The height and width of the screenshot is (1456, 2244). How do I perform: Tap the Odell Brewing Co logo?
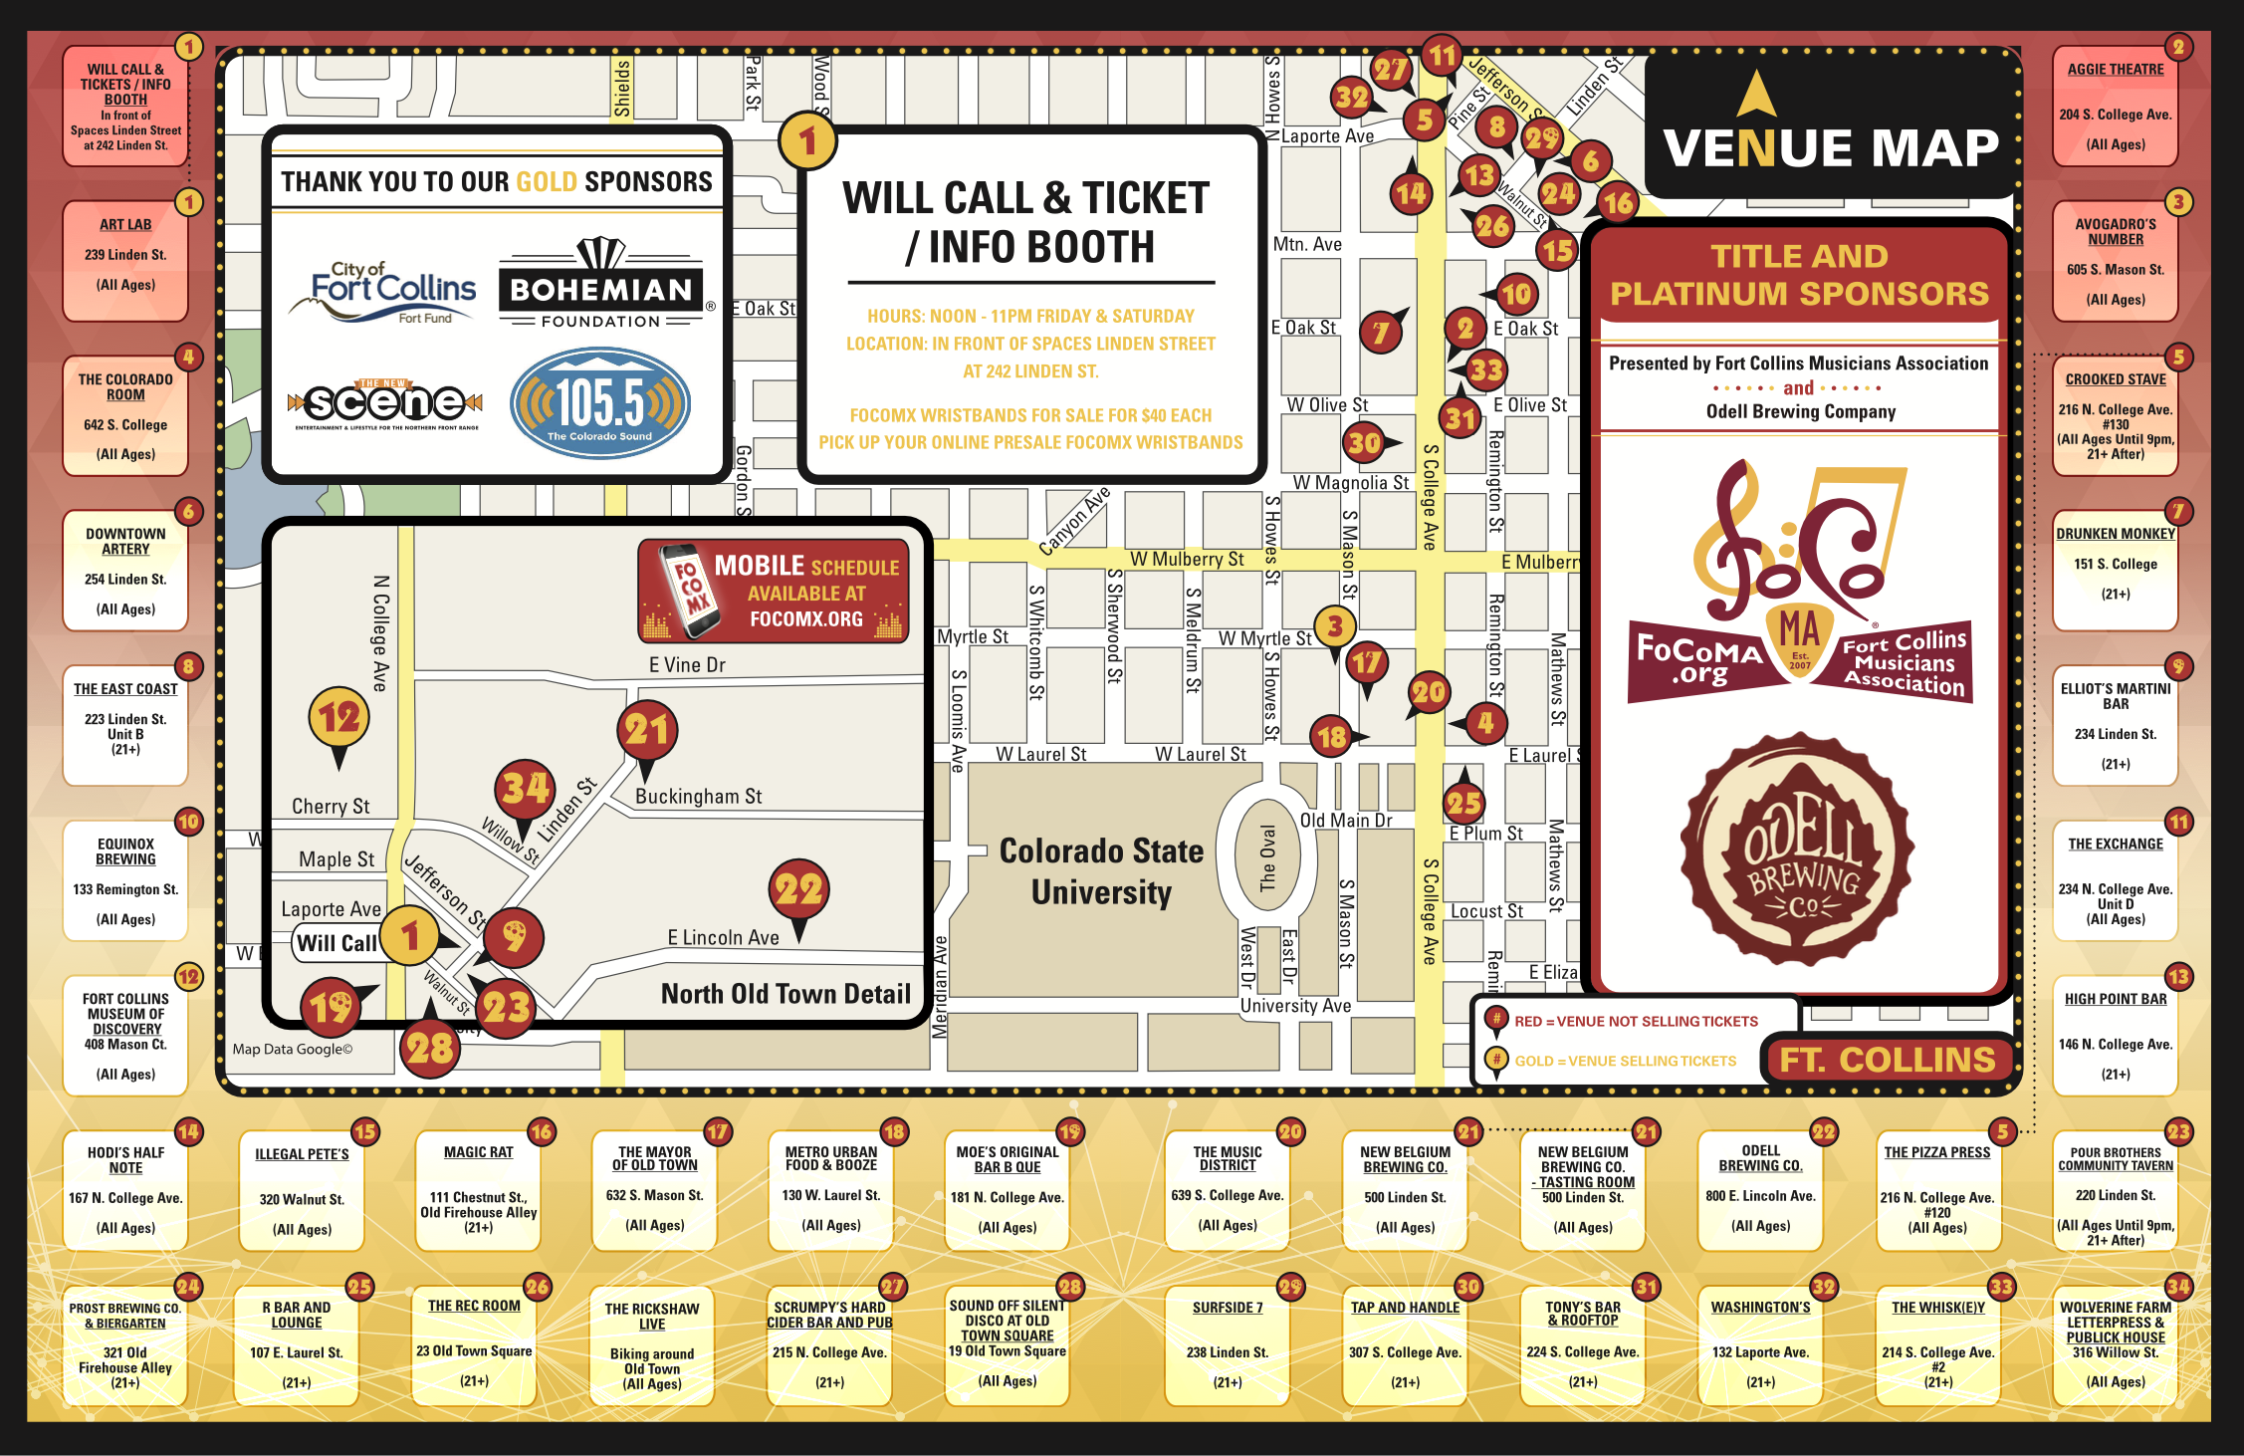[1798, 850]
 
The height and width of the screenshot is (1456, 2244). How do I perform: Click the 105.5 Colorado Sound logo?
[600, 403]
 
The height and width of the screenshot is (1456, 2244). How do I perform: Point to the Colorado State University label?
[1101, 871]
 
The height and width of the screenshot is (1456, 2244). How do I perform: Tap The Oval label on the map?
[1267, 857]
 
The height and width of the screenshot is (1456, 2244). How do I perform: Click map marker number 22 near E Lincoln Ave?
[798, 889]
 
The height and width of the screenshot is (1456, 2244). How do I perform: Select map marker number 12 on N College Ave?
[338, 717]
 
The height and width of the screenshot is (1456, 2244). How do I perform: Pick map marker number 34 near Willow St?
[525, 789]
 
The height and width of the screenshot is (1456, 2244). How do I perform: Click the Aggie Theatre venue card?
[2115, 107]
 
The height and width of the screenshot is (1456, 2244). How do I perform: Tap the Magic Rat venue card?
[479, 1191]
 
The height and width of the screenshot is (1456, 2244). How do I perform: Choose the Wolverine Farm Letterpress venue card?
[2115, 1344]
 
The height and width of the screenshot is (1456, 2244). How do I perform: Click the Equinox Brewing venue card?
[125, 881]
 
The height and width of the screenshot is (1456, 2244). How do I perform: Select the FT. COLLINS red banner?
[1887, 1060]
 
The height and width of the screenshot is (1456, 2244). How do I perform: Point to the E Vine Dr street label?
[687, 665]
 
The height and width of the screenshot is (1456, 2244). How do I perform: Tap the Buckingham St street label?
[698, 797]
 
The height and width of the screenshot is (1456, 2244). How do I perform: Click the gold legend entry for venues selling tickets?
[1623, 1061]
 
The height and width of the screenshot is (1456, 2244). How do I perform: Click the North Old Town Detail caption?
[785, 994]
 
